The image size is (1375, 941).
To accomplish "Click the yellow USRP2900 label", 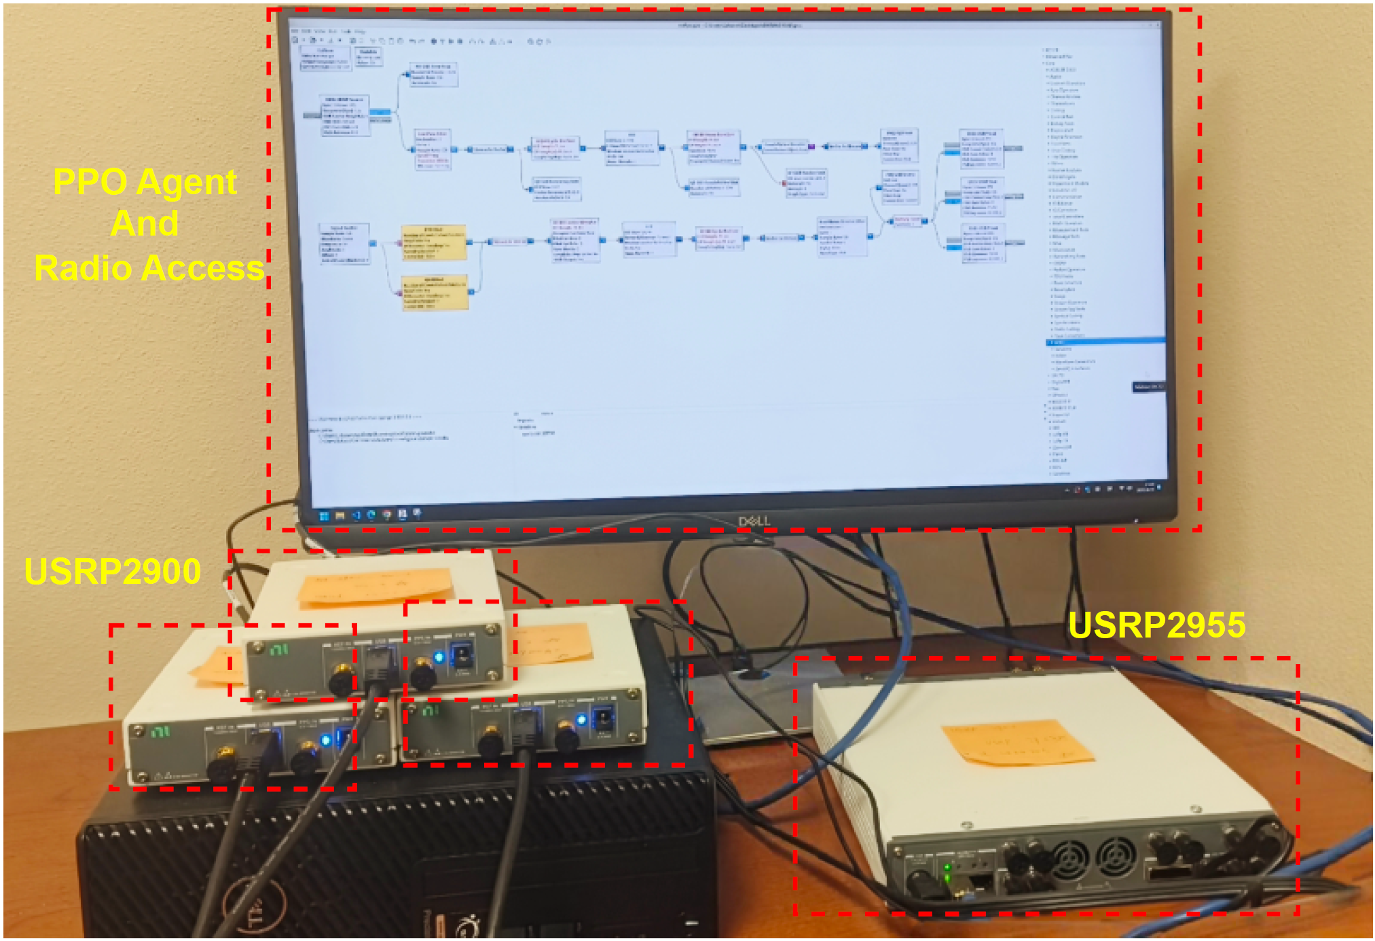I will coord(113,572).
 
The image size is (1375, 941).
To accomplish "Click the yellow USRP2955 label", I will coord(1157,625).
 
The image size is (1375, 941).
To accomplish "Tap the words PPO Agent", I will coord(145,182).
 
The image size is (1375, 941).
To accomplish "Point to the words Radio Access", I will coord(149,268).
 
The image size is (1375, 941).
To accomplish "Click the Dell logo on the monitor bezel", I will coord(754,521).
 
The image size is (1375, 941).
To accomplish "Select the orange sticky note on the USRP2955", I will coord(1016,742).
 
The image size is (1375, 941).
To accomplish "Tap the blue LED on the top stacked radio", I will coord(439,657).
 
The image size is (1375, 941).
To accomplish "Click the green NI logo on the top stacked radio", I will coord(278,650).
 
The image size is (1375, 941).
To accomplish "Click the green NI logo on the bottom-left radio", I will coord(160,732).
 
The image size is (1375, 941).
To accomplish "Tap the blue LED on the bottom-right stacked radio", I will coord(581,719).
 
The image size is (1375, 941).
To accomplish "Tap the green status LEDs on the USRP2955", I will coord(947,872).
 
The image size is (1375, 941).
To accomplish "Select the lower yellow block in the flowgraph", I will coord(435,293).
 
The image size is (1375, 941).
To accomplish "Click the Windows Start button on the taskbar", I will coord(325,516).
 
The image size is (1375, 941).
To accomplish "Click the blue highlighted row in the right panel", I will coord(1105,341).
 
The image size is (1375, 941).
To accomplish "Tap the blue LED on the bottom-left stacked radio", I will coord(325,740).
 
